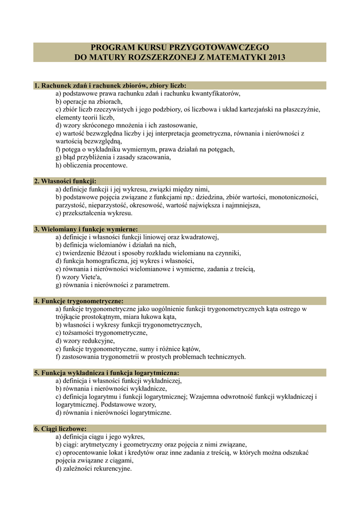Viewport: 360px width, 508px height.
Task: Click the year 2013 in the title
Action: [275, 57]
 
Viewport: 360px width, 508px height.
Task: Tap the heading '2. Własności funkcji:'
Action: [65, 181]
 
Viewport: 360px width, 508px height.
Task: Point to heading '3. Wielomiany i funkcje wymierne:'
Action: [86, 229]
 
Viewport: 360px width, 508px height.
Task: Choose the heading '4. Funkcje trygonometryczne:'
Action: [78, 301]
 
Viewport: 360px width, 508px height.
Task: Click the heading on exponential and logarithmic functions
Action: [106, 373]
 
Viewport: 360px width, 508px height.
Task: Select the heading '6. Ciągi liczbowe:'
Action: [61, 429]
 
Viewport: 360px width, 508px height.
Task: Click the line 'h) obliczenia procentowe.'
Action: [91, 165]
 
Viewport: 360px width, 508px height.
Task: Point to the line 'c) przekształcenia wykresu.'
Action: [94, 213]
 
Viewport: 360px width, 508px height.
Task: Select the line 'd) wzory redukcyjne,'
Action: [85, 341]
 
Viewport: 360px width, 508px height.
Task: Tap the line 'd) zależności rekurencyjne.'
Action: [93, 468]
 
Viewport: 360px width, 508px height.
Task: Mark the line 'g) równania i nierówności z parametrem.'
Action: [112, 285]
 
